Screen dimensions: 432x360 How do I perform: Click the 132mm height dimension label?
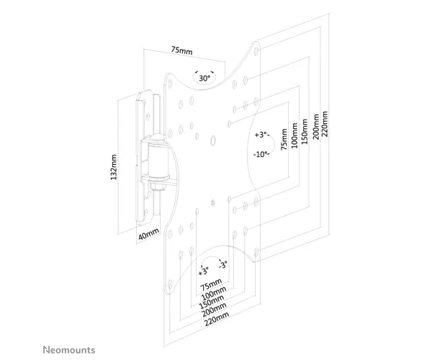click(x=114, y=167)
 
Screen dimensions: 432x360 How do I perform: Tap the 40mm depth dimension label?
click(x=148, y=234)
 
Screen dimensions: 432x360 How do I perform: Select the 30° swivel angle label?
click(x=204, y=78)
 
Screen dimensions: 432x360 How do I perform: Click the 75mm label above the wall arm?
click(x=182, y=50)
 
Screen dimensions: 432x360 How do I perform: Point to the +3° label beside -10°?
click(x=261, y=135)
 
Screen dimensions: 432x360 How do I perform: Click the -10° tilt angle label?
click(x=261, y=154)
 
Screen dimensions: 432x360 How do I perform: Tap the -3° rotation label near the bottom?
click(x=223, y=265)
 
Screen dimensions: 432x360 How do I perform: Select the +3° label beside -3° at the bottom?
click(x=204, y=271)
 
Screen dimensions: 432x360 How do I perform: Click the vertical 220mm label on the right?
click(x=325, y=124)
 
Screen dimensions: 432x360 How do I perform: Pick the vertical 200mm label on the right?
click(x=316, y=127)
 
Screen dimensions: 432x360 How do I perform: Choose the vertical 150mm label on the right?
click(x=305, y=131)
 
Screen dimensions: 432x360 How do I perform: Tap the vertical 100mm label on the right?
click(x=294, y=135)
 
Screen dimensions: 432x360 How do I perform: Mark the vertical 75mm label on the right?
click(x=284, y=139)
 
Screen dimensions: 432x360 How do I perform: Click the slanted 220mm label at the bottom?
click(x=217, y=319)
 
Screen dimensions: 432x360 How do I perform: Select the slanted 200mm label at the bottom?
click(x=214, y=310)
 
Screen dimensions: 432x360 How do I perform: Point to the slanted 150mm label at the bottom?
click(x=212, y=302)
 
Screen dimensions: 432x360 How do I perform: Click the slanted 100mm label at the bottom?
click(x=214, y=293)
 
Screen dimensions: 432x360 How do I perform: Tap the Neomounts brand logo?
click(x=69, y=350)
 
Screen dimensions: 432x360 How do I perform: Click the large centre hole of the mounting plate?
click(x=213, y=140)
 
